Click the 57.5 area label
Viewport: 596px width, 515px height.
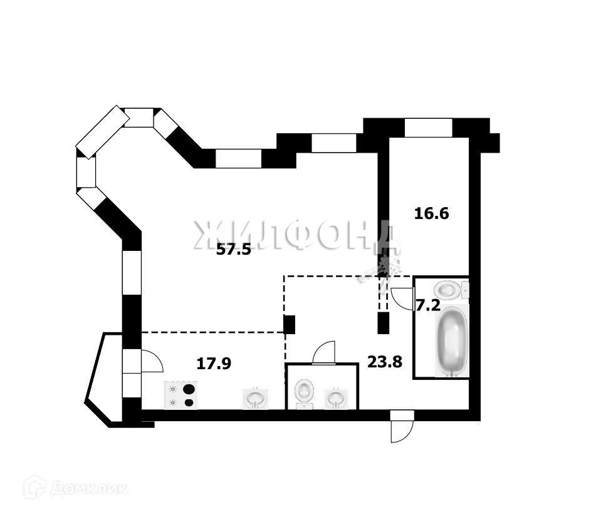coord(234,250)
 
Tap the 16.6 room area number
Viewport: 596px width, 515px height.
coord(432,213)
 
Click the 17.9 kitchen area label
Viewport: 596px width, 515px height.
coord(214,363)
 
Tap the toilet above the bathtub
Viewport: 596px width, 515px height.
coord(449,289)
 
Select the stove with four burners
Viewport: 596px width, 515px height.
coord(180,395)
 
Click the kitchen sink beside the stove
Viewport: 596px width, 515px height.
coord(255,397)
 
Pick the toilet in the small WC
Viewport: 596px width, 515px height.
coord(305,391)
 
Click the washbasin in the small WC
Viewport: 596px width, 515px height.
coord(336,397)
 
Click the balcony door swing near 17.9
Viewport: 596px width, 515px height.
coord(151,361)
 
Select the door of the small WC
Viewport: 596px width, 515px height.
coord(325,353)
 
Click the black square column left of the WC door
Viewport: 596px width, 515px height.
coord(290,324)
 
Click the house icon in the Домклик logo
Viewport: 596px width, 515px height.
coord(35,487)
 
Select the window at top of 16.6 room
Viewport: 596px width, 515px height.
coord(428,128)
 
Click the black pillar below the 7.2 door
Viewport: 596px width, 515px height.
coord(383,322)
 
